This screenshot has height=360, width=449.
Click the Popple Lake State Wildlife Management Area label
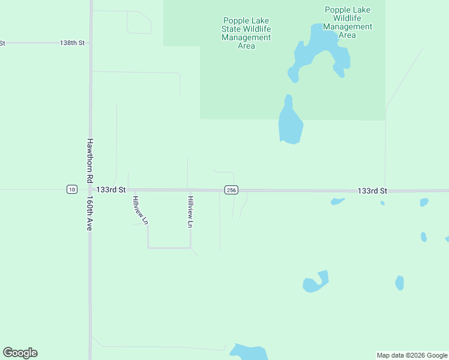coord(246,33)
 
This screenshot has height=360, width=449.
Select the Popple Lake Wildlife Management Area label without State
coord(348,22)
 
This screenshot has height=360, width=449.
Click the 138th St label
coord(73,43)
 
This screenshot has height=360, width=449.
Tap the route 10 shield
coord(72,190)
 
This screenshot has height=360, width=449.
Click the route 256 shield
coord(231,190)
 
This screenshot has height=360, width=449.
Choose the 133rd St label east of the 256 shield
coord(372,190)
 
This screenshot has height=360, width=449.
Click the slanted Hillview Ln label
coord(140,210)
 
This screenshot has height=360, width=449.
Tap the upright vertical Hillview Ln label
coord(190,212)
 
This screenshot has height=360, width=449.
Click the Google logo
coord(20,353)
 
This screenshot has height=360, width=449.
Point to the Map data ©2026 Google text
coord(412,355)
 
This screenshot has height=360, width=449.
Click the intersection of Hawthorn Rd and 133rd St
coord(91,189)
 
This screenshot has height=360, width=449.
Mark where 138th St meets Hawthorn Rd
coord(91,43)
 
